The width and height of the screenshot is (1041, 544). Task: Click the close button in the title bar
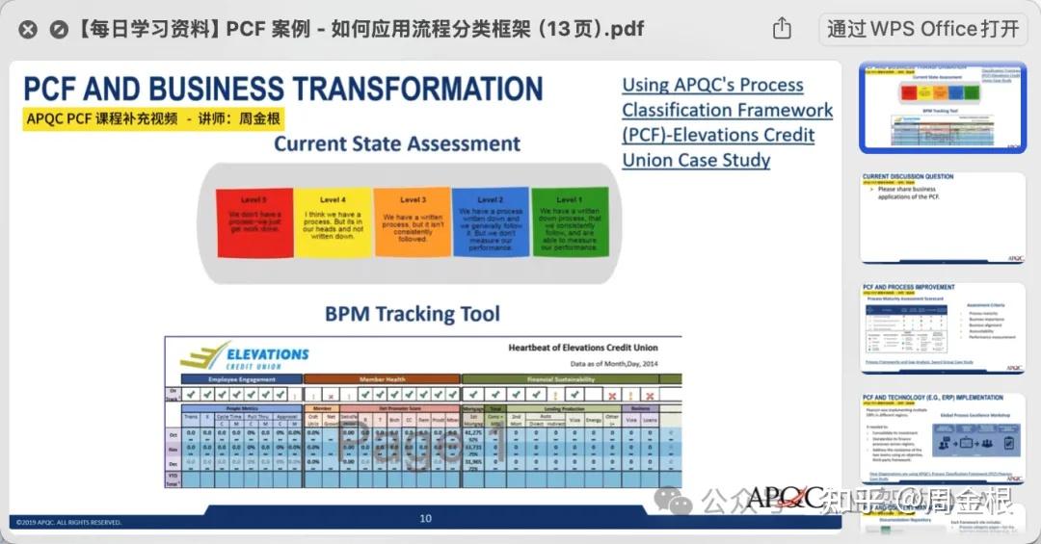(28, 29)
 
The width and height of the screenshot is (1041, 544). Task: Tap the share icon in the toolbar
(782, 29)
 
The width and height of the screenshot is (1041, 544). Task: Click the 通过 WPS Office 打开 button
(922, 29)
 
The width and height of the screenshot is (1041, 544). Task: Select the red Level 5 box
(254, 223)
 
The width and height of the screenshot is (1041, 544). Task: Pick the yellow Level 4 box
(334, 223)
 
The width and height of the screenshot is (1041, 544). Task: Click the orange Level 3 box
(413, 223)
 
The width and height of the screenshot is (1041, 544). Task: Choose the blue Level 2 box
(491, 223)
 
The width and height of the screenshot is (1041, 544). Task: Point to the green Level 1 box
(570, 223)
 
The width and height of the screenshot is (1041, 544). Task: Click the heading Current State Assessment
(396, 144)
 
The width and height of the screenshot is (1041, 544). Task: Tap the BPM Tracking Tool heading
(412, 314)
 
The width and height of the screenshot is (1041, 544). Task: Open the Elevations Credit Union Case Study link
(727, 122)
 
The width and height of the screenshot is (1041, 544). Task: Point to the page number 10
(425, 518)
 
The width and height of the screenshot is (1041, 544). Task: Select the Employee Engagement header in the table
(242, 379)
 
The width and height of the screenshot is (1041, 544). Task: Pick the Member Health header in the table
(382, 379)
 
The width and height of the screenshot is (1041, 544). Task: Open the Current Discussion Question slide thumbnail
(943, 217)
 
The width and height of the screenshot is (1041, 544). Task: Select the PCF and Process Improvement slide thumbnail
(943, 328)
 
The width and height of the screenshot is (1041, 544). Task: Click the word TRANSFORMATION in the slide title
(412, 89)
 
